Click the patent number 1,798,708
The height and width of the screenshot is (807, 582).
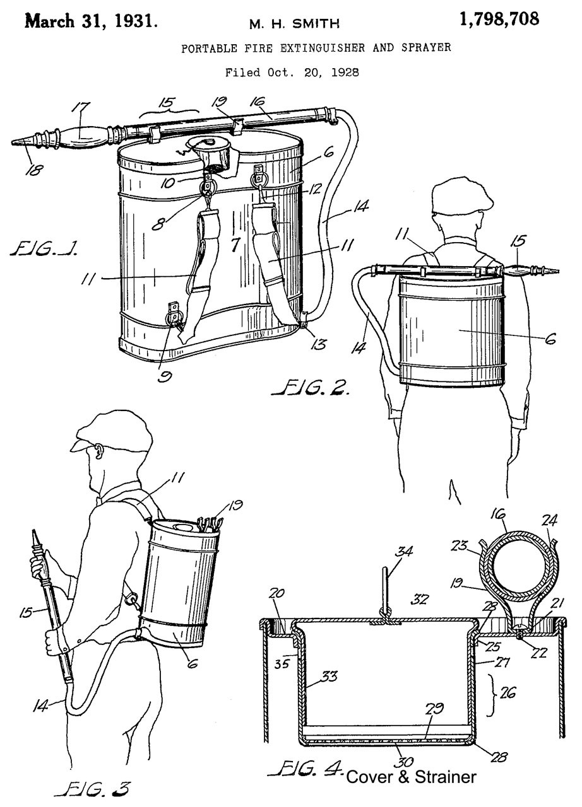[499, 19]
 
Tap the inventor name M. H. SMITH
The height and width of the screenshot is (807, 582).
[295, 24]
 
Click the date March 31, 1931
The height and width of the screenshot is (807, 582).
[91, 21]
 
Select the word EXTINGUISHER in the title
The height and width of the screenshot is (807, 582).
[323, 48]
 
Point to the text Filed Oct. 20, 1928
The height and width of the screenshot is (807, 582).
[292, 73]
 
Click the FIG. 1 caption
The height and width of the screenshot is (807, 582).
[44, 248]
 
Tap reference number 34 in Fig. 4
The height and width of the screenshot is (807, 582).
[403, 551]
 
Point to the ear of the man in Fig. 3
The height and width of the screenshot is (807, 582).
[98, 452]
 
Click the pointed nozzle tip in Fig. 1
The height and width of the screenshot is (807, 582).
[11, 143]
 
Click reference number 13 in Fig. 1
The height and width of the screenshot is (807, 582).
[319, 344]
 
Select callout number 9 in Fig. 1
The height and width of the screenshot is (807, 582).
[166, 376]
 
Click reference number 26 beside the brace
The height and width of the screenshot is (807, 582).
[508, 692]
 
